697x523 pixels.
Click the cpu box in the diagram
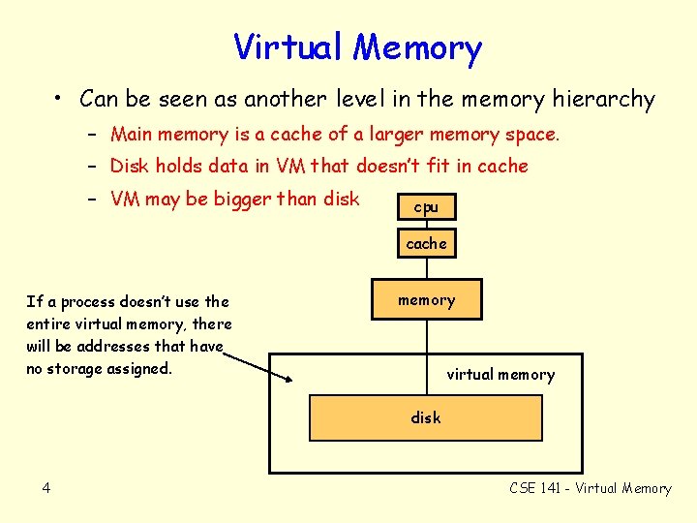pyautogui.click(x=426, y=207)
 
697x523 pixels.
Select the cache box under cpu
pyautogui.click(x=426, y=244)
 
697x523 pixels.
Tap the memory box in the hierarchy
pyautogui.click(x=426, y=300)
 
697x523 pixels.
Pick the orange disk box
pyautogui.click(x=426, y=417)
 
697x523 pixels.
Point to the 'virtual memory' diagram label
pyautogui.click(x=500, y=374)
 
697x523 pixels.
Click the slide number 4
pyautogui.click(x=45, y=488)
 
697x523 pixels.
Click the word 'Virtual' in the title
pyautogui.click(x=288, y=47)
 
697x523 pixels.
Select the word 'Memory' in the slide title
pyautogui.click(x=417, y=47)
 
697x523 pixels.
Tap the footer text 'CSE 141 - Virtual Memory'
pyautogui.click(x=590, y=488)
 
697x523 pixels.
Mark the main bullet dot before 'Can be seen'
pyautogui.click(x=60, y=99)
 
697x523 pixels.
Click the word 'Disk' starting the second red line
pyautogui.click(x=130, y=166)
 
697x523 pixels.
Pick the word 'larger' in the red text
pyautogui.click(x=383, y=134)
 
